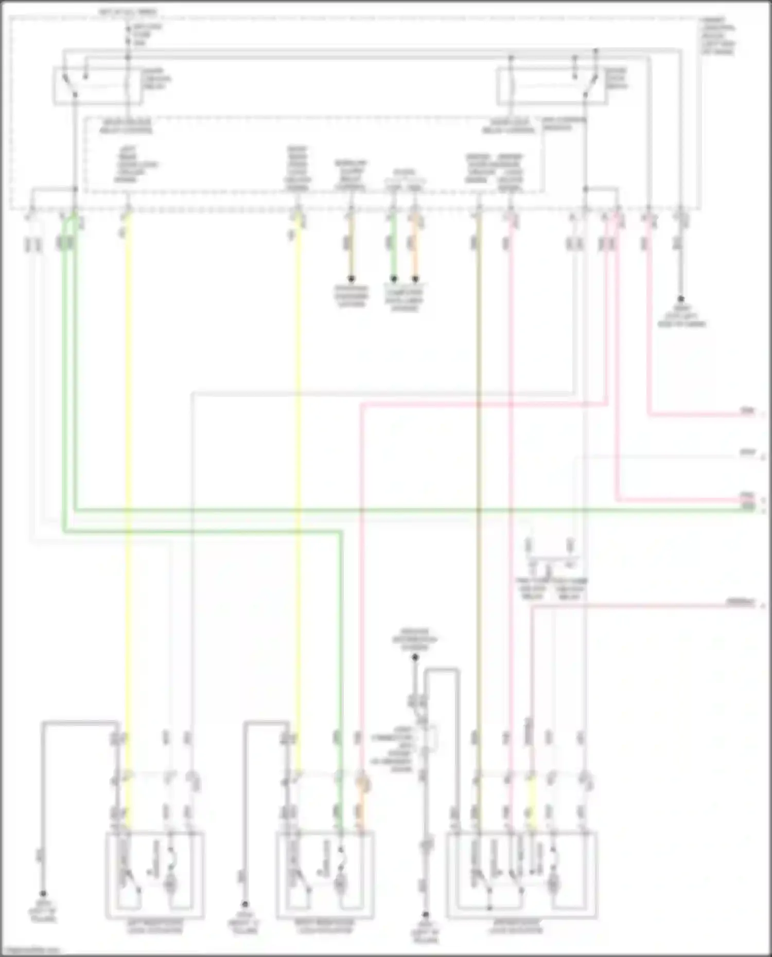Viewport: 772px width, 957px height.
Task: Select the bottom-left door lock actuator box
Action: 155,875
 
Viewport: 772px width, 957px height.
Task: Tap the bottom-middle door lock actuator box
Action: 325,875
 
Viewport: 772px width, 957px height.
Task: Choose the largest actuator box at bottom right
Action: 522,875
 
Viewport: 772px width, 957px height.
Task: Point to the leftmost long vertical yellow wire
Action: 128,463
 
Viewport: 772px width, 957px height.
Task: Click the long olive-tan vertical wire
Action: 479,463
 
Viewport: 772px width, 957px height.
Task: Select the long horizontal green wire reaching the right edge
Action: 412,510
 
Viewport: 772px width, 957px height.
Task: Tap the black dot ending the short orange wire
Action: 415,279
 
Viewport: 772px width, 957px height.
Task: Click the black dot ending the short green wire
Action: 394,279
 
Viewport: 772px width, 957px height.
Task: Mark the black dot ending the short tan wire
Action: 352,279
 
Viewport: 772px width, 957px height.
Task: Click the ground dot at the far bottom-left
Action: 43,894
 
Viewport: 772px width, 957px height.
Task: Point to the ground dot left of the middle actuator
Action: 245,904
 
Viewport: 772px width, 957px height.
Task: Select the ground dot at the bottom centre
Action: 426,915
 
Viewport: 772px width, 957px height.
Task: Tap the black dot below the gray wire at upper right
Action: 681,299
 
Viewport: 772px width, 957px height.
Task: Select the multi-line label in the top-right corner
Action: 718,36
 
